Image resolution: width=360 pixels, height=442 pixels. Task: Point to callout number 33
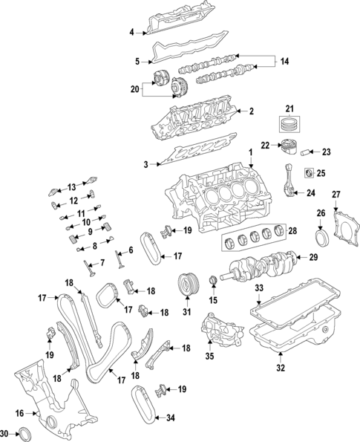[x=259, y=287]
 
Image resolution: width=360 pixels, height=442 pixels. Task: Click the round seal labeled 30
[x=25, y=433]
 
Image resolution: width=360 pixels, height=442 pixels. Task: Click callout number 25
[x=321, y=174]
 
